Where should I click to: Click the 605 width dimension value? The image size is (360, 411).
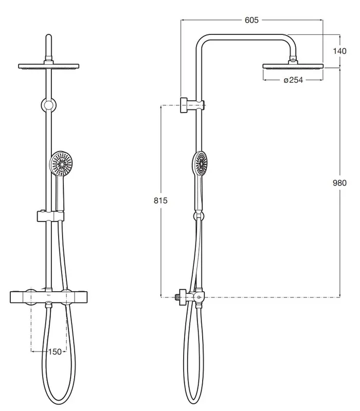click(x=251, y=20)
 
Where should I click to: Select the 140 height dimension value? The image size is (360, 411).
click(x=339, y=51)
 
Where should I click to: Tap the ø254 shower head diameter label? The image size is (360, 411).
click(x=293, y=80)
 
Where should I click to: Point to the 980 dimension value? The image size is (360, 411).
click(x=339, y=183)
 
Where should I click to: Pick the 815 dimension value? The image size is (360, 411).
click(x=160, y=200)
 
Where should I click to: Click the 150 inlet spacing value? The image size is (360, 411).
click(x=55, y=352)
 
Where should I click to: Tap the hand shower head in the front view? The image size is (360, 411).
click(x=61, y=164)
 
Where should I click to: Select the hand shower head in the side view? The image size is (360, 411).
click(x=201, y=163)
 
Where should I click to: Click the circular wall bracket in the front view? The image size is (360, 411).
click(x=48, y=105)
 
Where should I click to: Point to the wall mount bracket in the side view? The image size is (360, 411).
click(x=192, y=105)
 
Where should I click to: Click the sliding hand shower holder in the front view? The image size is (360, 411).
click(x=50, y=216)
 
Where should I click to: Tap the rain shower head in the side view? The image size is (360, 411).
click(x=293, y=66)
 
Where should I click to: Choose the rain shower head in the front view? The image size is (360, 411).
click(x=48, y=66)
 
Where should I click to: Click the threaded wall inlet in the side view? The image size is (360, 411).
click(x=177, y=297)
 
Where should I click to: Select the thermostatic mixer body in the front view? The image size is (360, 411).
click(x=48, y=297)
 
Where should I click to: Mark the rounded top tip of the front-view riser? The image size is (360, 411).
click(x=48, y=34)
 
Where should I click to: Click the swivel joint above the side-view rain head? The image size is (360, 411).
click(x=293, y=60)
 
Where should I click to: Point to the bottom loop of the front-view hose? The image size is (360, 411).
click(x=59, y=402)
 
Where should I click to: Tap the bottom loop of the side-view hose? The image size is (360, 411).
click(x=193, y=402)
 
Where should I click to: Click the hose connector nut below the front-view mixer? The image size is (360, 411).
click(x=48, y=305)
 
